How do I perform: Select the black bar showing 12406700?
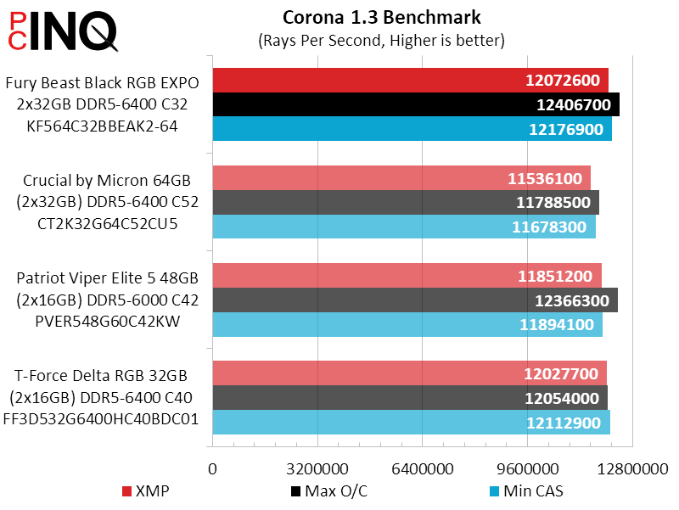coord(416,104)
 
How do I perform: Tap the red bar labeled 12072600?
coord(410,81)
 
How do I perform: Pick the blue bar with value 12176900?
coord(412,129)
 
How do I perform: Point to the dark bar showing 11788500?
coord(406,202)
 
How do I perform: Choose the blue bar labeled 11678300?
coord(404,227)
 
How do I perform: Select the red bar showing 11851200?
coord(407,276)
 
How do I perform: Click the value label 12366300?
coord(572,300)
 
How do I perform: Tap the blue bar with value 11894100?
coord(407,324)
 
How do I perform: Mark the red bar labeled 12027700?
coord(409,373)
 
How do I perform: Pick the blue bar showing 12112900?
coord(411,423)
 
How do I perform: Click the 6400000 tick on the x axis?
coord(423,469)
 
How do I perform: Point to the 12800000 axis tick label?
coord(632,469)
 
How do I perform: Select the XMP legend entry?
coord(151,491)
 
